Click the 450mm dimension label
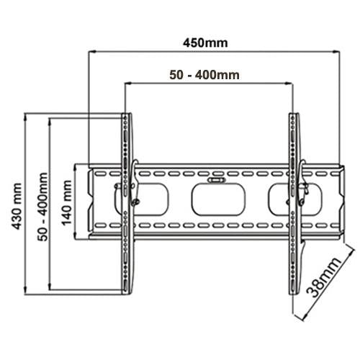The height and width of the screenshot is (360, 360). (205, 43)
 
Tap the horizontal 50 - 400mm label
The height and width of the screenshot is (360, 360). (204, 75)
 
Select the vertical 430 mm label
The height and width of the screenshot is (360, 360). (17, 206)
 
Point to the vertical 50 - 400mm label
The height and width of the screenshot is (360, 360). (42, 207)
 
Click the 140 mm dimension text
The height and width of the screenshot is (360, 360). (66, 203)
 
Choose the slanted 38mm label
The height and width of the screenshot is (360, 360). (323, 277)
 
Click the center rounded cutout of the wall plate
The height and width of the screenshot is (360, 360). (218, 199)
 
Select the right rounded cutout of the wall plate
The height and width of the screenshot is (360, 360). (295, 199)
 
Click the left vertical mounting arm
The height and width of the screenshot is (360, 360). (126, 204)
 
